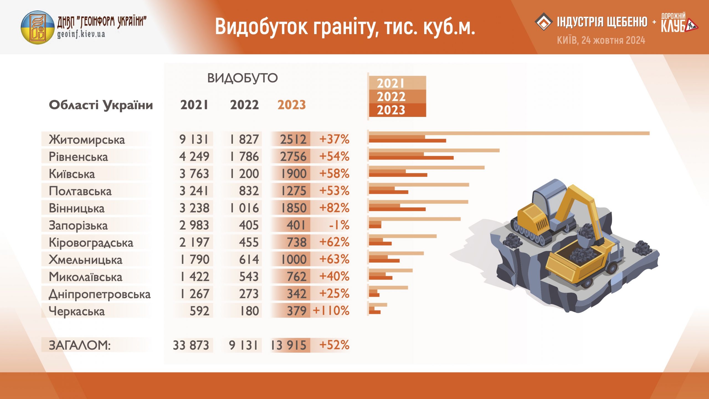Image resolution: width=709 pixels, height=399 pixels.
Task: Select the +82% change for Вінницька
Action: pyautogui.click(x=334, y=208)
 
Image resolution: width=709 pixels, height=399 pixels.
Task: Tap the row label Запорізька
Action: pyautogui.click(x=78, y=225)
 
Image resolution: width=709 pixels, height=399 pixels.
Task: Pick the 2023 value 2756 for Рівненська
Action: pyautogui.click(x=293, y=156)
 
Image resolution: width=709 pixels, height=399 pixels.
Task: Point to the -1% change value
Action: pyautogui.click(x=339, y=225)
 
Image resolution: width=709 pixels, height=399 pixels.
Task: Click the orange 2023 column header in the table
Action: pyautogui.click(x=292, y=105)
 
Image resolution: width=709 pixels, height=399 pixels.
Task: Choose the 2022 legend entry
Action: pyautogui.click(x=391, y=97)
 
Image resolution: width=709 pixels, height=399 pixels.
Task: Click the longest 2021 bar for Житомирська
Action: pyautogui.click(x=509, y=133)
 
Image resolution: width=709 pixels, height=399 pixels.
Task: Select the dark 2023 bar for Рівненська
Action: pyautogui.click(x=411, y=158)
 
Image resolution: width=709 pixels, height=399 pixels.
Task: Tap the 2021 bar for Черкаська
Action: pyautogui.click(x=378, y=305)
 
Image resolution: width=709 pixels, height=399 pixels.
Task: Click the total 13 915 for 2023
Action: pyautogui.click(x=288, y=345)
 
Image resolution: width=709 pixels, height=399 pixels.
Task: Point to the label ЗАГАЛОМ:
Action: pyautogui.click(x=79, y=345)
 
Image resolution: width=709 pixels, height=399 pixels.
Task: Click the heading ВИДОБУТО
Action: pyautogui.click(x=242, y=78)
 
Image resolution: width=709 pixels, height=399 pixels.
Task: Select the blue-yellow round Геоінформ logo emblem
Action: pyautogui.click(x=38, y=27)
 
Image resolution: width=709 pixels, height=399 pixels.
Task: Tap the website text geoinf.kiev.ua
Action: pyautogui.click(x=81, y=34)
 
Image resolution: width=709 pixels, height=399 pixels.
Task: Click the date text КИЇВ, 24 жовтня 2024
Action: pyautogui.click(x=601, y=40)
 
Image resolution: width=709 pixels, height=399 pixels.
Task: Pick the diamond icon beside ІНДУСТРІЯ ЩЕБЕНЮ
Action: pyautogui.click(x=544, y=22)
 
